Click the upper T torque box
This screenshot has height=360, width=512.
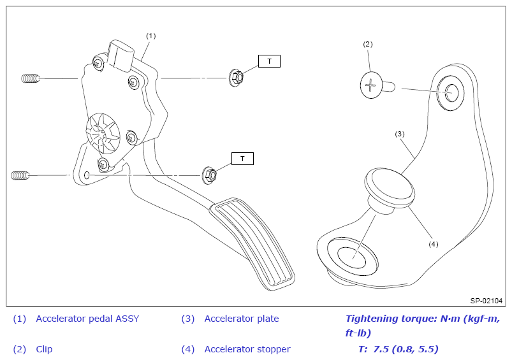point(269,61)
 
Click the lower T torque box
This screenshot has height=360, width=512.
point(242,158)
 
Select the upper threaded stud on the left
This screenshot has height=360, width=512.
point(29,78)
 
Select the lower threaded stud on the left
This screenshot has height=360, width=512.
point(20,174)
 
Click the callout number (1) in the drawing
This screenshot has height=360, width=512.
point(150,36)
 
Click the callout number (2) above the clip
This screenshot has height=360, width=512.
point(367,44)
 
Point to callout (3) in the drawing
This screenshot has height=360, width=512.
point(400,134)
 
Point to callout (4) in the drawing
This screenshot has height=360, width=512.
point(434,243)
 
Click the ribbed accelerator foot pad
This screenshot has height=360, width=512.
point(256,243)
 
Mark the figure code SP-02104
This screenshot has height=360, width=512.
point(486,301)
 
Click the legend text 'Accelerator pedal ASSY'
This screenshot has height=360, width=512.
point(87,319)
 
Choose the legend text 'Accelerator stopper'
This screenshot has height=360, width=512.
point(247,349)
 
